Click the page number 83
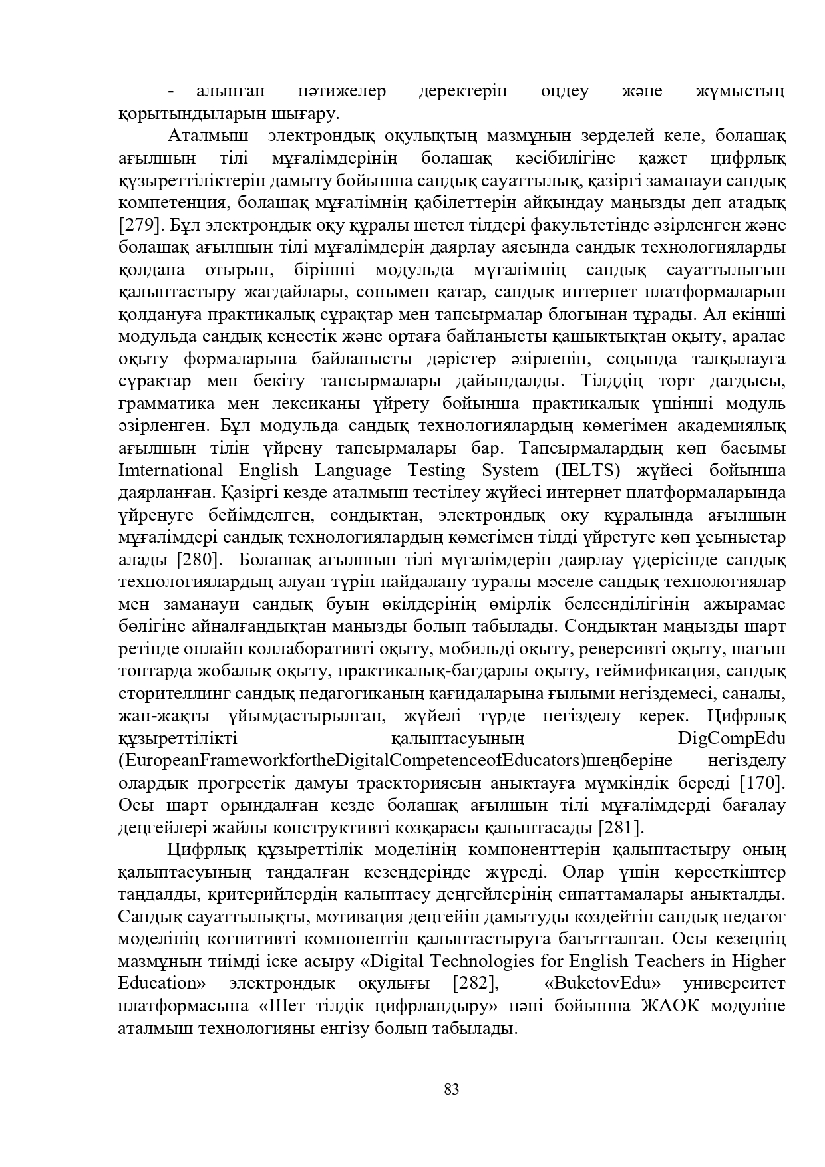point(451,1089)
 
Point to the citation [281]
point(622,827)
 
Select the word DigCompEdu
point(731,738)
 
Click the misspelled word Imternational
point(170,470)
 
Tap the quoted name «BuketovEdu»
point(602,983)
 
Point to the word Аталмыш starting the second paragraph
point(209,136)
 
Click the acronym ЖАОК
point(671,1005)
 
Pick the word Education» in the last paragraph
point(162,983)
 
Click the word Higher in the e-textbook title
point(758,961)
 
